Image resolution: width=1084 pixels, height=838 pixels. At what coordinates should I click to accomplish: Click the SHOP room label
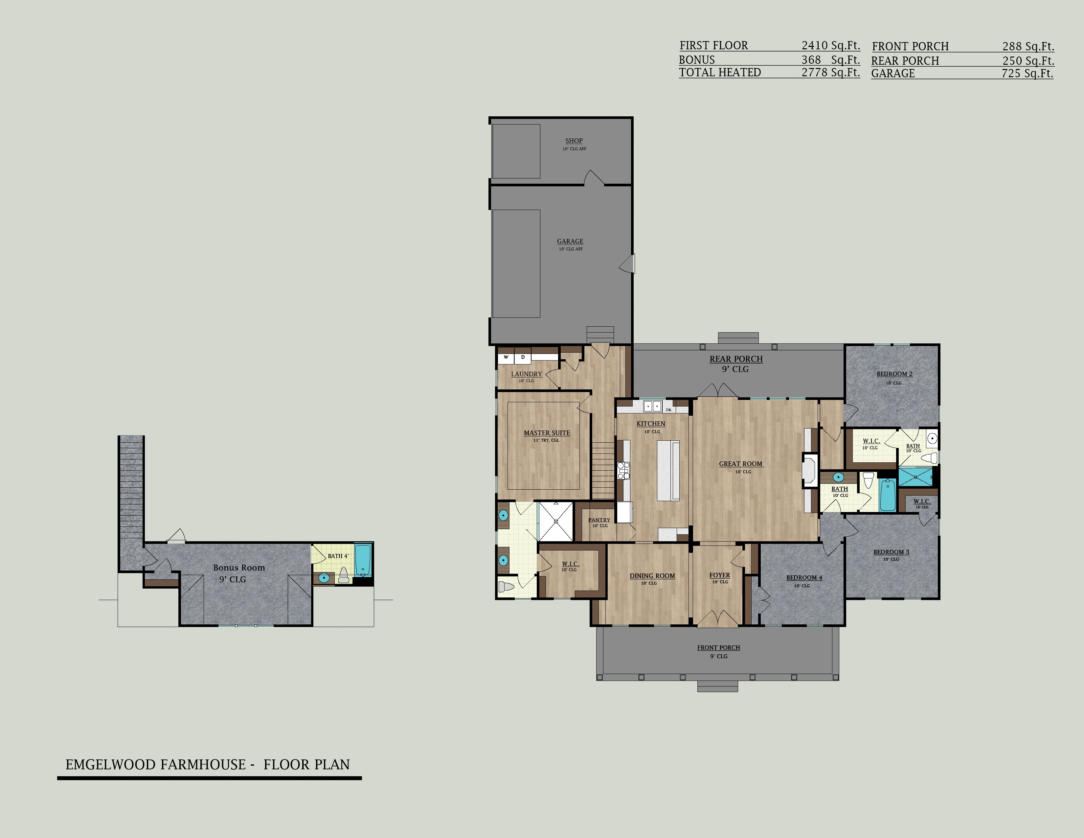pyautogui.click(x=574, y=141)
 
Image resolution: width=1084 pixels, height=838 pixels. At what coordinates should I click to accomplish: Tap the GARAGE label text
pyautogui.click(x=570, y=241)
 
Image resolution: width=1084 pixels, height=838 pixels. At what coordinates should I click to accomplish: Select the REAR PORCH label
pyautogui.click(x=736, y=359)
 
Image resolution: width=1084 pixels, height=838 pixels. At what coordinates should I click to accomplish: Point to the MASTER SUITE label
pyautogui.click(x=547, y=433)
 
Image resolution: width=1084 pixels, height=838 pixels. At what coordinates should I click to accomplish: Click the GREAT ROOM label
pyautogui.click(x=740, y=464)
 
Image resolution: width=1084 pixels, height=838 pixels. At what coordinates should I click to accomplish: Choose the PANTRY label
pyautogui.click(x=599, y=520)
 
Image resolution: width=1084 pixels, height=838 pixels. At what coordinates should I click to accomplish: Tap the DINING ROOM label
pyautogui.click(x=652, y=576)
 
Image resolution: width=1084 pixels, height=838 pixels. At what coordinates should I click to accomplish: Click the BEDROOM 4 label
pyautogui.click(x=804, y=578)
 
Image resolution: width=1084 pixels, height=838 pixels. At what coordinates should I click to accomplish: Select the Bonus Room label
pyautogui.click(x=239, y=568)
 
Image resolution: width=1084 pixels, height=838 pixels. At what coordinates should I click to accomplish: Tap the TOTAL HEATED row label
pyautogui.click(x=720, y=73)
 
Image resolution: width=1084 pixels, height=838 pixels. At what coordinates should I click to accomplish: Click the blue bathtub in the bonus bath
pyautogui.click(x=363, y=560)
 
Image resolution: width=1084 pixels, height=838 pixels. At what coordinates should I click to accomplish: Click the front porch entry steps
pyautogui.click(x=718, y=687)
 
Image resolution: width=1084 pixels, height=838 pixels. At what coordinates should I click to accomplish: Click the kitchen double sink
pyautogui.click(x=652, y=406)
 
